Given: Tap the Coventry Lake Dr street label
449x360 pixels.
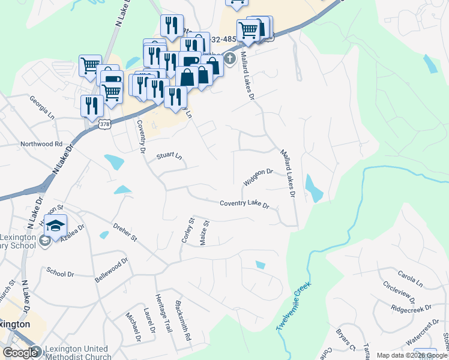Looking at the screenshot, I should pyautogui.click(x=244, y=205).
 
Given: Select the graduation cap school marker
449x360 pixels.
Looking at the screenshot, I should pyautogui.click(x=56, y=227).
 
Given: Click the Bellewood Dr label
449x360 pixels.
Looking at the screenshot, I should pyautogui.click(x=112, y=270).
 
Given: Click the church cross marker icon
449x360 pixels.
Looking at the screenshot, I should pyautogui.click(x=230, y=59).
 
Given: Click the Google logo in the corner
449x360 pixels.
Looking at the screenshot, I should pyautogui.click(x=20, y=353).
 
